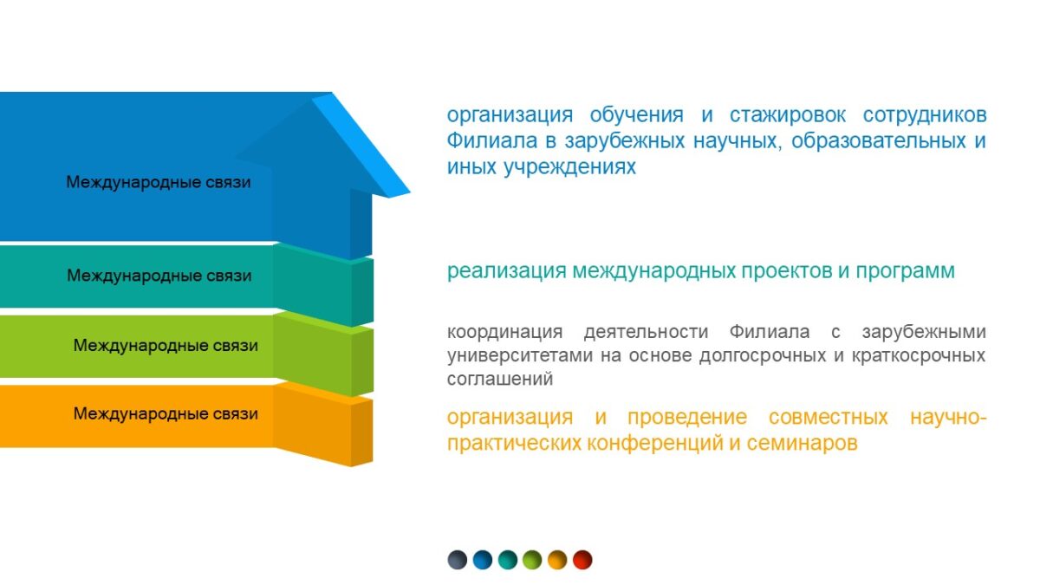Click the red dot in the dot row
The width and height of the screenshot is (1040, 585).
[x=582, y=560]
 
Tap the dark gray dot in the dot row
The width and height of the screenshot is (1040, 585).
[x=458, y=560]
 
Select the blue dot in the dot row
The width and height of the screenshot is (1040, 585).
[x=483, y=560]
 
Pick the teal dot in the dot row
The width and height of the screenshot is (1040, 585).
[x=508, y=560]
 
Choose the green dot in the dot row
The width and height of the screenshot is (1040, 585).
[x=532, y=560]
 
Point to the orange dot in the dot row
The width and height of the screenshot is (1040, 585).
[x=557, y=560]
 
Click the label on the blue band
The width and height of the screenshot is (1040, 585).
[x=159, y=182]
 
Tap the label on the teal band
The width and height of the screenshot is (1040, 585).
[x=159, y=276]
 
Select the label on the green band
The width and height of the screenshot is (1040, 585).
[x=166, y=346]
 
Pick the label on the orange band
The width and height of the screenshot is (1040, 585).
[x=166, y=413]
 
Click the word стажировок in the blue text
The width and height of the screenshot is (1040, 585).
[x=788, y=115]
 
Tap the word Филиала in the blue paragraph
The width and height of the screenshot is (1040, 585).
[x=491, y=140]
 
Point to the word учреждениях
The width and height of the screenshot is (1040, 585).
[x=569, y=167]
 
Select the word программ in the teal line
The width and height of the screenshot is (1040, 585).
[x=906, y=271]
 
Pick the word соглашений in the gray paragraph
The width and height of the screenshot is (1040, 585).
[x=500, y=379]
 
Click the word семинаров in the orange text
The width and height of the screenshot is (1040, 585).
[x=802, y=444]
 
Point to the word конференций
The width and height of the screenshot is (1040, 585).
[x=655, y=444]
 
